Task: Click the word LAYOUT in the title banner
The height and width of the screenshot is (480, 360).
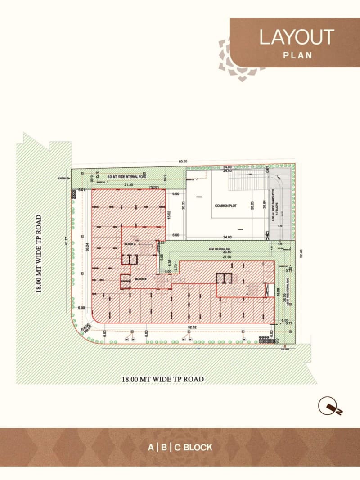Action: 296,37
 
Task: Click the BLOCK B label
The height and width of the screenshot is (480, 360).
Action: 141,279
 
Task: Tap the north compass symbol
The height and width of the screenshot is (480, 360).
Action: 330,407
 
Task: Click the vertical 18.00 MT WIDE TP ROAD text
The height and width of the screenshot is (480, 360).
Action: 40,254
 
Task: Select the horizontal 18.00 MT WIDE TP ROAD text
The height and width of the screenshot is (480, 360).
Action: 162,379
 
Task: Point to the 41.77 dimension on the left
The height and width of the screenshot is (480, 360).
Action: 66,241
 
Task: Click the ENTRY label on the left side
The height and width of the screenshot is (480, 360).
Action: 62,179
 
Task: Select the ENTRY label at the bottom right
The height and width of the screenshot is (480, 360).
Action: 285,349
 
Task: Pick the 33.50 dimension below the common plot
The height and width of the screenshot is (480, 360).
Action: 220,252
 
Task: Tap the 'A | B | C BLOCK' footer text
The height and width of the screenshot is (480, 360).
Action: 180,448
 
